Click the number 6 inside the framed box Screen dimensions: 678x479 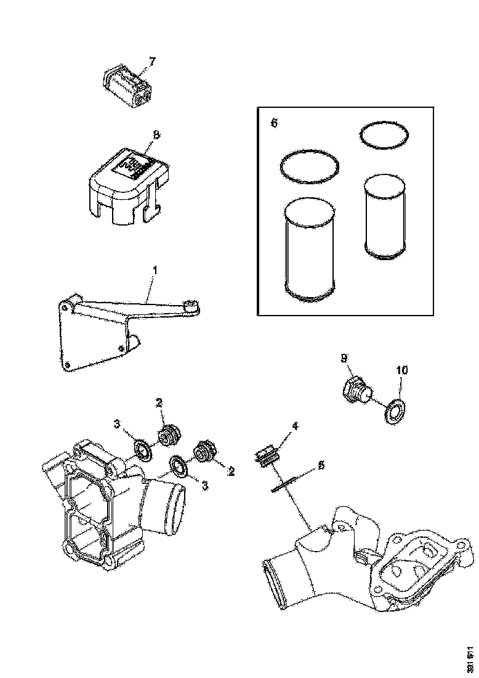[275, 123]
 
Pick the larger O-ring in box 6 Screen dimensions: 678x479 [310, 166]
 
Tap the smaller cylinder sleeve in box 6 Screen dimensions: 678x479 [384, 216]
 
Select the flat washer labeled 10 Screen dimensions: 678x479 [392, 412]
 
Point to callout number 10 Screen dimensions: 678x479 [401, 370]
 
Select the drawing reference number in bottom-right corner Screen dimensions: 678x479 [470, 656]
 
